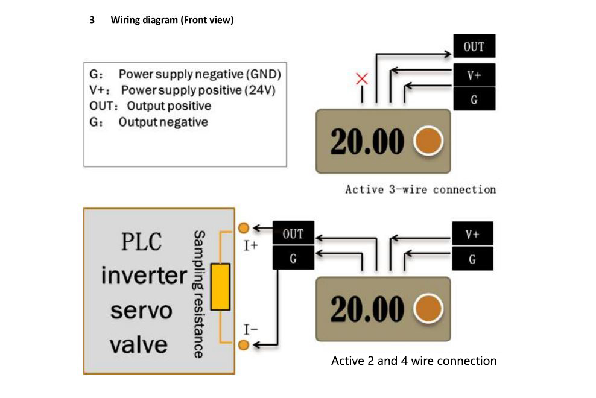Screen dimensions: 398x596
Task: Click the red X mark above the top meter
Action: click(362, 78)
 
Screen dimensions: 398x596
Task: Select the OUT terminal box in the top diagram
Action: click(474, 46)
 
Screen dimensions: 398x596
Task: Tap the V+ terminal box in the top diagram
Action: click(474, 75)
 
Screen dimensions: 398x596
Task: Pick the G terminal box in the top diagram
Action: click(474, 99)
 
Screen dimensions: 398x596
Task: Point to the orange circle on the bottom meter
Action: click(428, 309)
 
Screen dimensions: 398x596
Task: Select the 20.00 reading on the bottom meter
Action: click(367, 309)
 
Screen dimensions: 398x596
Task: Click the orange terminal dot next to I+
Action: click(244, 228)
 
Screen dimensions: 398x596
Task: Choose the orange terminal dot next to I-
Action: click(244, 345)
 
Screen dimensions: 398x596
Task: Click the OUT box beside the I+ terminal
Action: click(293, 234)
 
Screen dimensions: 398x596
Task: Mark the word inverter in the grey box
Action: click(144, 276)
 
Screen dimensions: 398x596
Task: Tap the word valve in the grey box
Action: click(138, 344)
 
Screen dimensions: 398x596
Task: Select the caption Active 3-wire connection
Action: click(420, 189)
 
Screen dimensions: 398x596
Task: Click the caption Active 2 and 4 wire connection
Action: click(414, 361)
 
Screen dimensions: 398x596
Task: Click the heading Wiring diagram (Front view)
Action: click(172, 20)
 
